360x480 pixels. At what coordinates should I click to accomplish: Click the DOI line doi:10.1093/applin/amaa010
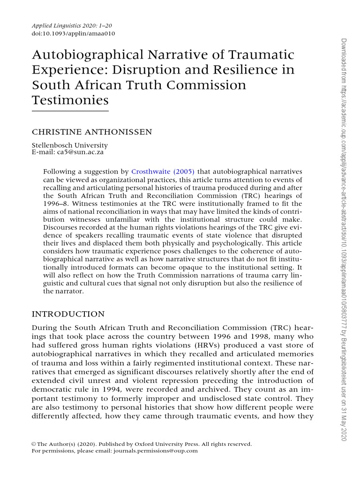pos(73,33)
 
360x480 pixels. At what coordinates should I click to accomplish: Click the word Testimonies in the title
pos(70,100)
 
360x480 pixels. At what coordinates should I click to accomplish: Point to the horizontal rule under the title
pos(70,111)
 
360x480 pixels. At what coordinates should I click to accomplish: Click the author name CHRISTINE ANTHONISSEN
pos(92,132)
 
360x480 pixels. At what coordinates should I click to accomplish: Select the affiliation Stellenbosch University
pos(69,145)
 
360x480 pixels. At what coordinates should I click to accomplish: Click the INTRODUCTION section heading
pos(68,314)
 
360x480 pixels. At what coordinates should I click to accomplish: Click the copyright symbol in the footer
pos(34,444)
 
